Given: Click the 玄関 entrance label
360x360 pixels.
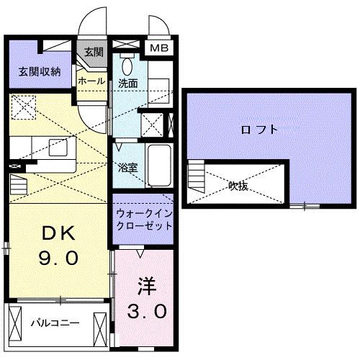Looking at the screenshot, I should click(93, 52).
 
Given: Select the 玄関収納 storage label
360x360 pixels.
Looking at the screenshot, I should click(40, 72).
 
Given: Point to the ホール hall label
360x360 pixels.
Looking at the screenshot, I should click(91, 81).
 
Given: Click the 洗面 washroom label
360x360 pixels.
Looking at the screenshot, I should click(128, 82).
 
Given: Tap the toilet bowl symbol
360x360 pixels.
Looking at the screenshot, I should click(127, 66).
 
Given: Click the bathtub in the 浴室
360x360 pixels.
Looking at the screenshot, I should click(158, 165).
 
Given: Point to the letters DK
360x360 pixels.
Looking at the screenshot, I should click(57, 234).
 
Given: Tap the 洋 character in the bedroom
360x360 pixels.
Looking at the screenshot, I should click(147, 283).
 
